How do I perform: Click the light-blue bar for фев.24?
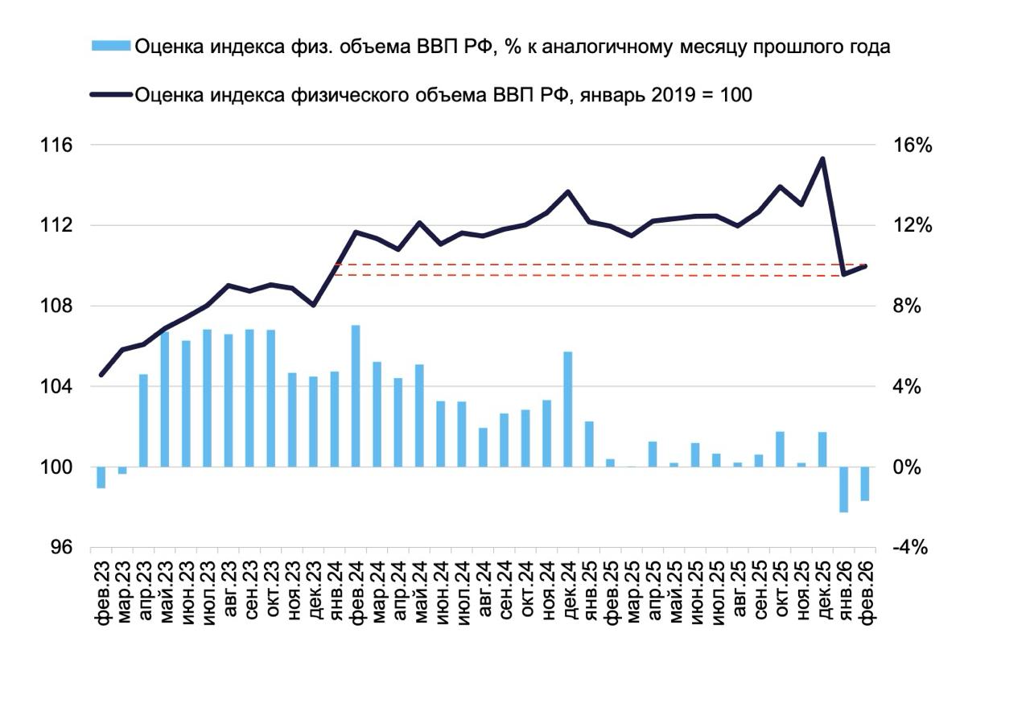(x=356, y=396)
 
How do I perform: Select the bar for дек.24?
(x=567, y=409)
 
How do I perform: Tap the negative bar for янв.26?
(x=843, y=489)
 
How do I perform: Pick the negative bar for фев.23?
(x=101, y=477)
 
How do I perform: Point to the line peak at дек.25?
(x=822, y=158)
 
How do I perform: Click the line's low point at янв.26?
(x=843, y=275)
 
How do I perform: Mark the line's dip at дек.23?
(x=314, y=305)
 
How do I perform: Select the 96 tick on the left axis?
(x=61, y=548)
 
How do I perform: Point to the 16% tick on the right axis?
(x=912, y=146)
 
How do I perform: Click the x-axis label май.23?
(x=166, y=590)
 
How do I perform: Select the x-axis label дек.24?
(x=568, y=590)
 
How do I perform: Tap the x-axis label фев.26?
(x=866, y=590)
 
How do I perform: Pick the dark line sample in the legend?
(x=112, y=95)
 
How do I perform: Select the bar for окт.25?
(x=780, y=449)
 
